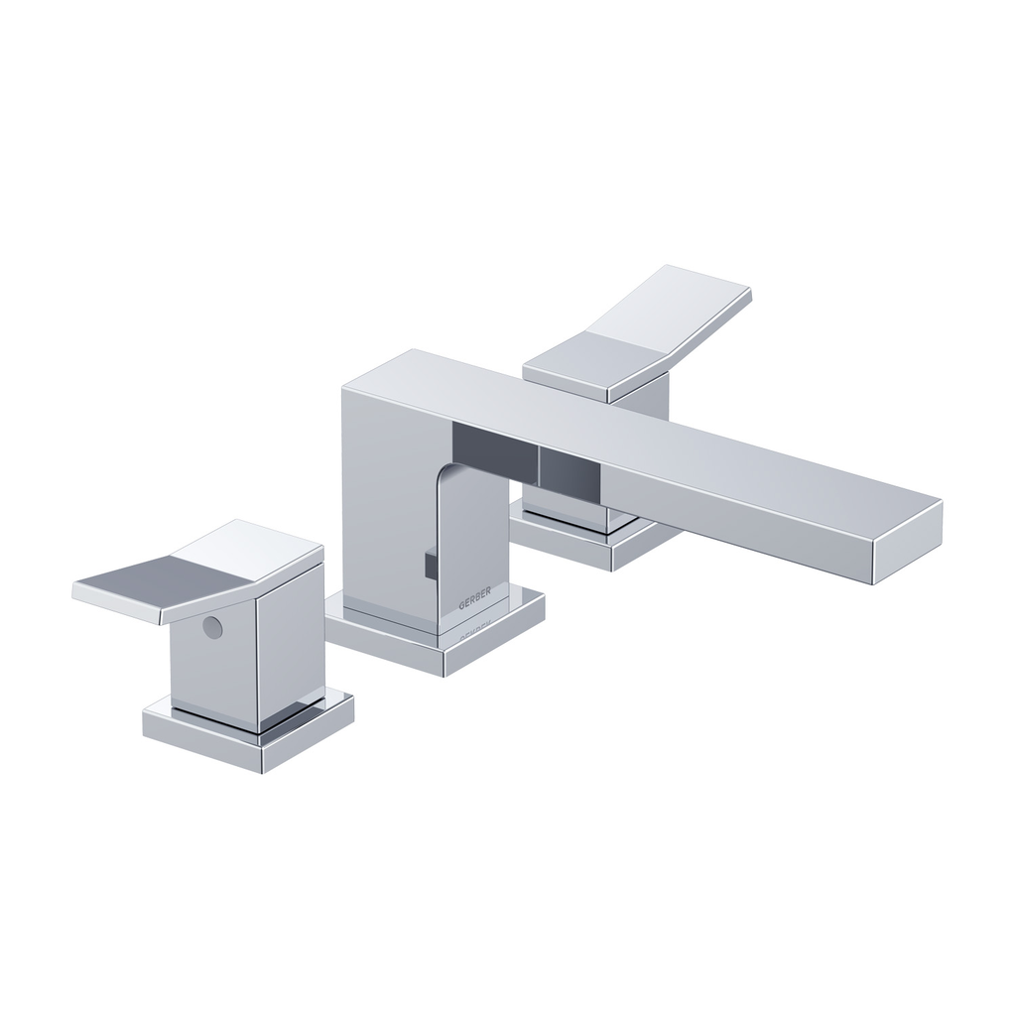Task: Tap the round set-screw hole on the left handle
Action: coord(210,627)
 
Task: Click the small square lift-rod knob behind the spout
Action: coord(429,564)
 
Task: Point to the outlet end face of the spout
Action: coord(907,541)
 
